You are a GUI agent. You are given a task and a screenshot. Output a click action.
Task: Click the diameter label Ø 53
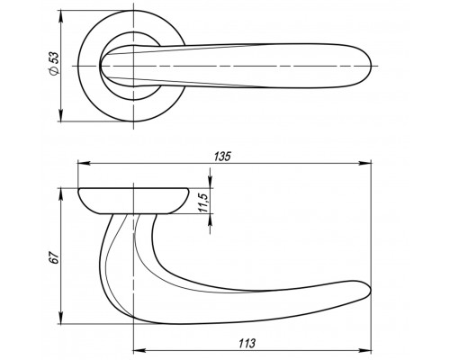click(x=55, y=63)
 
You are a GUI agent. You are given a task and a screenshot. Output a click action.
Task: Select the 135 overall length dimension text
click(x=222, y=157)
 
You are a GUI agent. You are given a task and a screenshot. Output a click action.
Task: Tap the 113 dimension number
click(x=247, y=343)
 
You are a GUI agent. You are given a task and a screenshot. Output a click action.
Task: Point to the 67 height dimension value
click(x=54, y=257)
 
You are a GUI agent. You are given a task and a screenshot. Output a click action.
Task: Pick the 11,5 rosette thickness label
click(x=203, y=203)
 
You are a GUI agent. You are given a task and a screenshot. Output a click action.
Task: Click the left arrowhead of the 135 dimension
click(x=84, y=163)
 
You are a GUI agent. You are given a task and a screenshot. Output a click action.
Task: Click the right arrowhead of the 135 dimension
click(x=365, y=163)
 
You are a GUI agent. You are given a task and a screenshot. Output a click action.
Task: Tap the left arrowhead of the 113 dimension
click(x=139, y=350)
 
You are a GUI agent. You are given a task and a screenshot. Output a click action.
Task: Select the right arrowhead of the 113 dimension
click(x=365, y=350)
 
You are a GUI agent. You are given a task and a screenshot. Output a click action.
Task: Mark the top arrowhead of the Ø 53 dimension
click(x=61, y=16)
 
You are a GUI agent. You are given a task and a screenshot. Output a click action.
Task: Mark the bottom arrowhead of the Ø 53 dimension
click(x=61, y=115)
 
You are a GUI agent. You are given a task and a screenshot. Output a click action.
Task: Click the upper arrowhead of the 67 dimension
click(x=61, y=194)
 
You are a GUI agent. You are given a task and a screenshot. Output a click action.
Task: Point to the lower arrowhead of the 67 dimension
click(x=61, y=318)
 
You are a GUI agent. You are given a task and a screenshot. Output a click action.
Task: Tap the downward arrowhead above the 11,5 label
click(x=211, y=182)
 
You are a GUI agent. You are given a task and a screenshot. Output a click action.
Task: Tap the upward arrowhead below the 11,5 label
click(x=211, y=220)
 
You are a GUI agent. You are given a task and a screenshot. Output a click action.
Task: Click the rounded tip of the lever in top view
click(x=371, y=66)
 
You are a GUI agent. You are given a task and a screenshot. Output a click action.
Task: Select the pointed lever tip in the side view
click(x=371, y=290)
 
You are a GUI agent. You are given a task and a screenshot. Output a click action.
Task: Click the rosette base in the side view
click(x=133, y=201)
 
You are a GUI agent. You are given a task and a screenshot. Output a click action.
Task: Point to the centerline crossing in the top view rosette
click(x=133, y=66)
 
